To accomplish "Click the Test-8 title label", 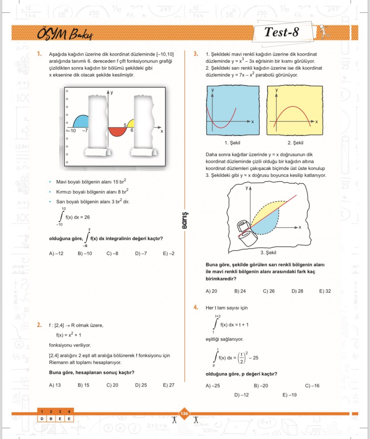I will pos(282,32).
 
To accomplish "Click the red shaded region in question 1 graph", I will pos(117,131).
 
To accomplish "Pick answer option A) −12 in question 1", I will pos(56,253).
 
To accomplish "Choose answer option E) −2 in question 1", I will pos(169,253).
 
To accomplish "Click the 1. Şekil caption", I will pos(232,143).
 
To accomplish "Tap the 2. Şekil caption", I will pos(295,143).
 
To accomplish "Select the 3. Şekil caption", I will pos(268,252).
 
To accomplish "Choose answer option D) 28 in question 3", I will pos(297,291).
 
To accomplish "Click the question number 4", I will pos(196,307).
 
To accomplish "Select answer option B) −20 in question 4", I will pos(261,386).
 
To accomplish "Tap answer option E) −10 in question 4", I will pos(290,395).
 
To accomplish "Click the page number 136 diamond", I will pos(184,413).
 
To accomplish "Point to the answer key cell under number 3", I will pos(60,419).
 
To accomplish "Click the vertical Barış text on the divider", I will pos(185,220).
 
